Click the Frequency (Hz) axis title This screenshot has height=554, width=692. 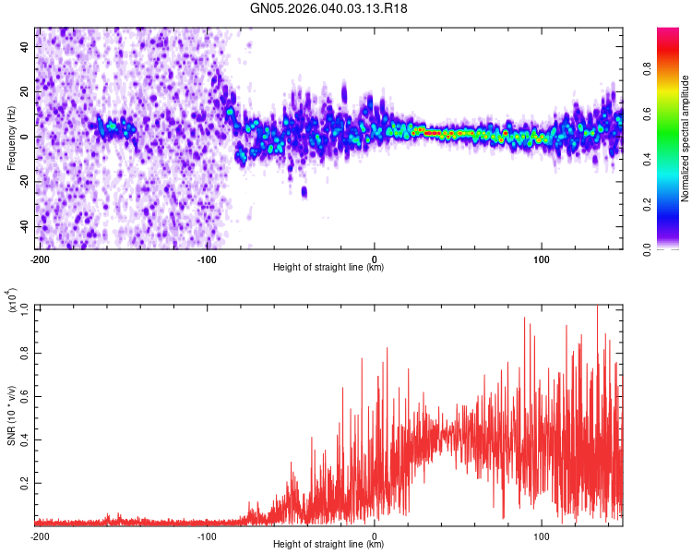tap(11, 138)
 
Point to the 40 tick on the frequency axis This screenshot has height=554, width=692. tap(27, 45)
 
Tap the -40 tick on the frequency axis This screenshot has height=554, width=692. tap(25, 226)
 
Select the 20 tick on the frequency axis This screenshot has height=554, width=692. tap(27, 91)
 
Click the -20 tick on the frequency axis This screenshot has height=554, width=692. tap(25, 182)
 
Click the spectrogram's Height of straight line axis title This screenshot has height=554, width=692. tap(328, 268)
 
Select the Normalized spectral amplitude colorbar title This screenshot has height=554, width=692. tap(685, 138)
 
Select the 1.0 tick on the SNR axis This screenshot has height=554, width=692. tap(25, 307)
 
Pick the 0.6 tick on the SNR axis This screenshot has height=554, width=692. tap(25, 395)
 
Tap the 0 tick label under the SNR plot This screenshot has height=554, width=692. tap(375, 536)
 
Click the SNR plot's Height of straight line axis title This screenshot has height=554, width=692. tap(328, 545)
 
